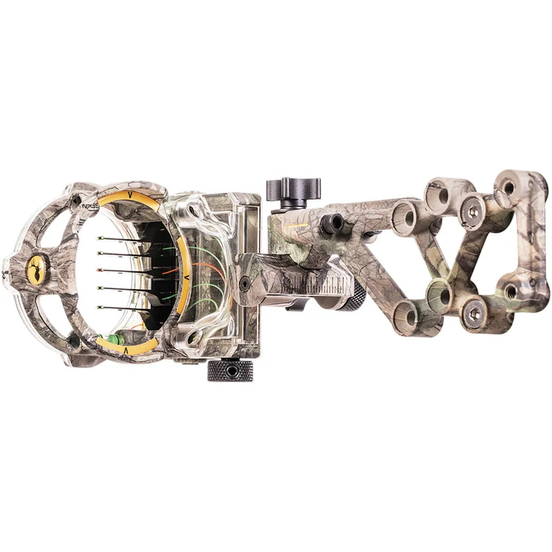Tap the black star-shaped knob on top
[x=293, y=189]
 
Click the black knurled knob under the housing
[x=230, y=370]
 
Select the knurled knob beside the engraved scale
[x=353, y=298]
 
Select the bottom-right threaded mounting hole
[x=509, y=292]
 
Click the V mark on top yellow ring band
[x=129, y=198]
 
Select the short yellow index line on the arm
[x=297, y=225]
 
